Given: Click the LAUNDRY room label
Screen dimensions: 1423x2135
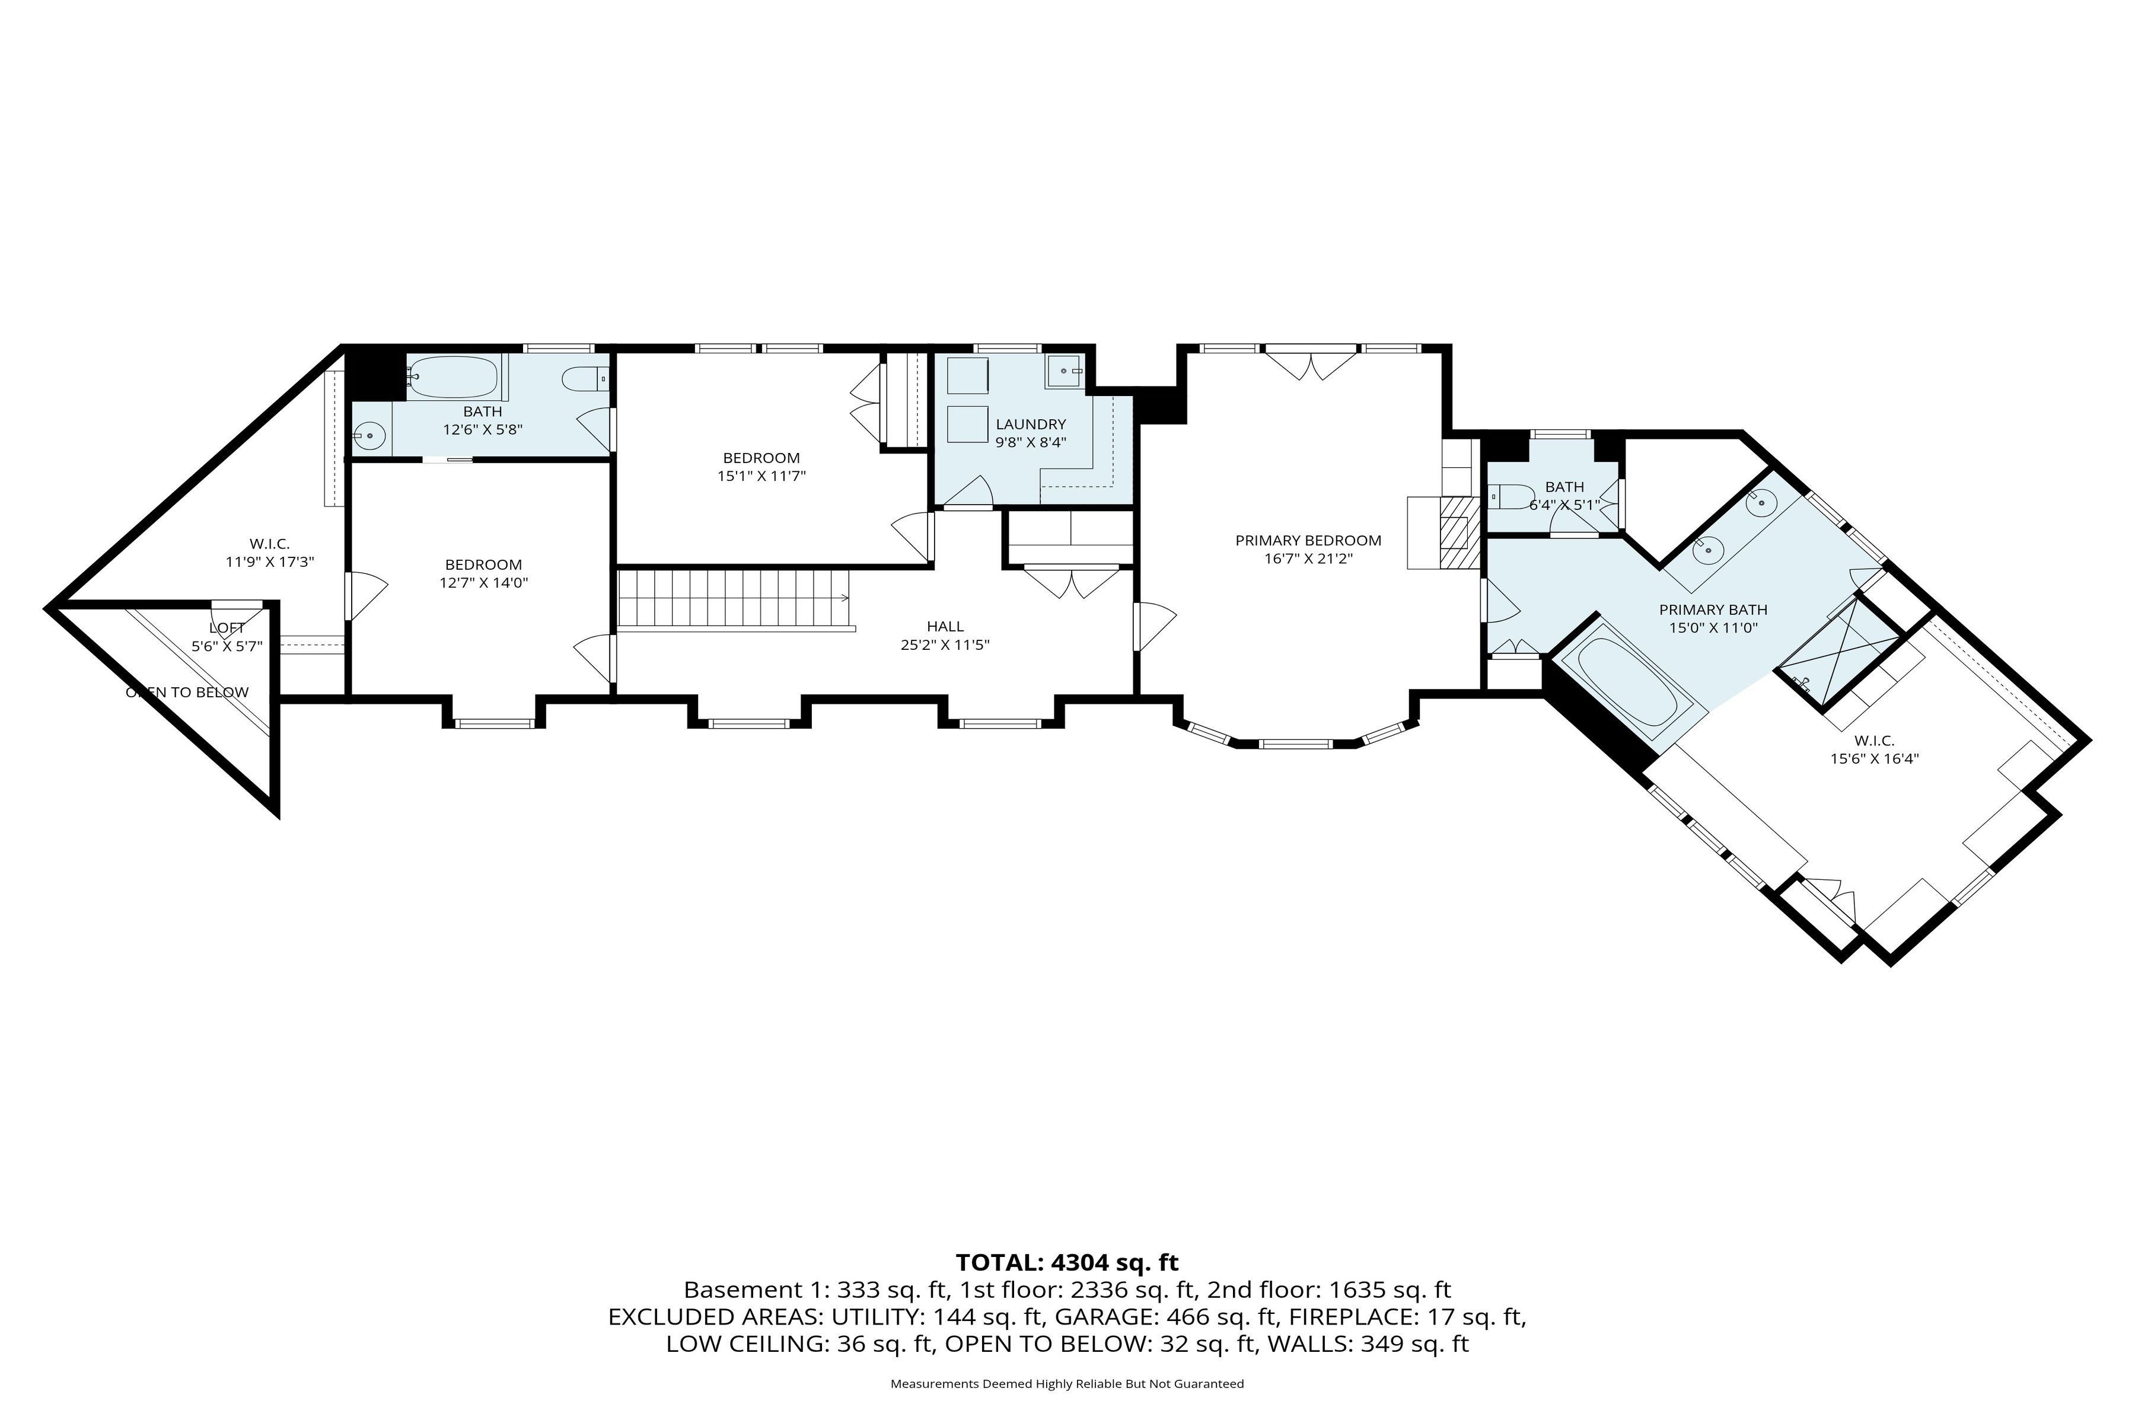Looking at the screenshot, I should pyautogui.click(x=1030, y=424).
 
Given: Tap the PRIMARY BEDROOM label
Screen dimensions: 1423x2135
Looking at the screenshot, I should pyautogui.click(x=1308, y=540).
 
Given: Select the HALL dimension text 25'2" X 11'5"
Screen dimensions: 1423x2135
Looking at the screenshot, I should pyautogui.click(x=945, y=645).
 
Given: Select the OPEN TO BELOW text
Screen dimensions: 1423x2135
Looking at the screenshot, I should pyautogui.click(x=187, y=693).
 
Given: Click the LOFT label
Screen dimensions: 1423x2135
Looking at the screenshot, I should pyautogui.click(x=227, y=628).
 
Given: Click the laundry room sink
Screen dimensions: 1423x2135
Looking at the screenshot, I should pyautogui.click(x=1064, y=372).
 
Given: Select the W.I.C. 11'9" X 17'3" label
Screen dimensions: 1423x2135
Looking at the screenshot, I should pyautogui.click(x=270, y=552).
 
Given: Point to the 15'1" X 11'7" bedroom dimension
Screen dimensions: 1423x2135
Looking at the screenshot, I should pyautogui.click(x=761, y=475).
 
